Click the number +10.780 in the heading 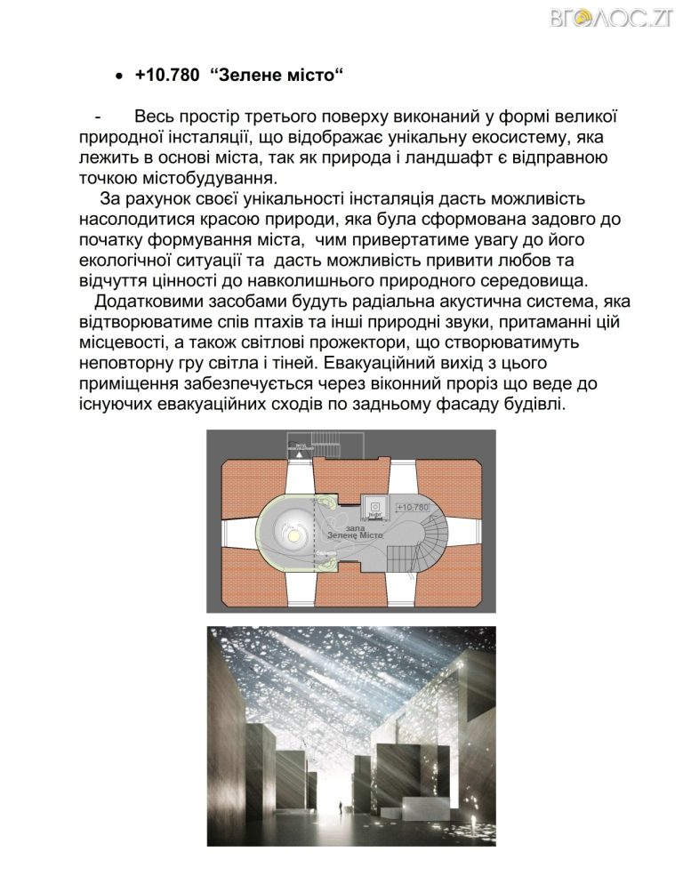pos(168,76)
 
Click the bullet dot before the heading pos(119,78)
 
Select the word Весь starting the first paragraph pos(158,118)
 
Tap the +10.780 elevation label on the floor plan pos(411,506)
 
